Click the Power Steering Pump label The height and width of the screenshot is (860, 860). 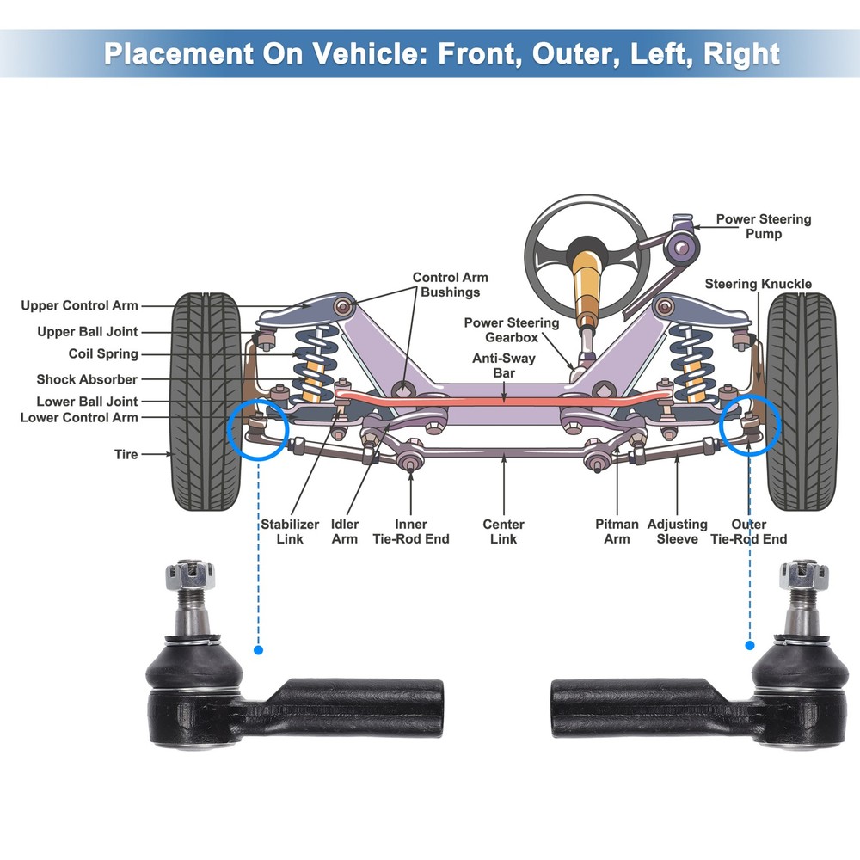point(763,226)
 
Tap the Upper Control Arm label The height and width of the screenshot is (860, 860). point(79,305)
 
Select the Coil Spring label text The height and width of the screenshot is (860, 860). point(103,353)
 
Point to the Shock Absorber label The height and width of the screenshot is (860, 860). point(87,379)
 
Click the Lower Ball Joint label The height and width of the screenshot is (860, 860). point(87,402)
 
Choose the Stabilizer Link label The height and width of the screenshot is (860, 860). point(290,531)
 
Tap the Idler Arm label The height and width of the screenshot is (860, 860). point(345,531)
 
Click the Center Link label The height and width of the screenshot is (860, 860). point(503,531)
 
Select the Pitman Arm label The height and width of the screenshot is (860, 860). point(617,531)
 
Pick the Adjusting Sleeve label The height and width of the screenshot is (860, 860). point(677,531)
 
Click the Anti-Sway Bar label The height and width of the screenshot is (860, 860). point(504,365)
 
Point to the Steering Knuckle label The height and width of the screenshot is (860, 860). point(758,284)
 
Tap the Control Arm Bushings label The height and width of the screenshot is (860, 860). point(450,285)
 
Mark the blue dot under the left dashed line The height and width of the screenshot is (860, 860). point(258,650)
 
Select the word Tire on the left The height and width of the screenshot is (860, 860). point(126,453)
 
